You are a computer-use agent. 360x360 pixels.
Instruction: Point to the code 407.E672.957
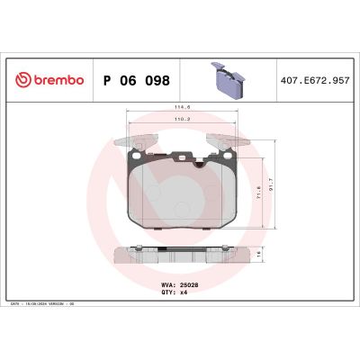click(x=316, y=79)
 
